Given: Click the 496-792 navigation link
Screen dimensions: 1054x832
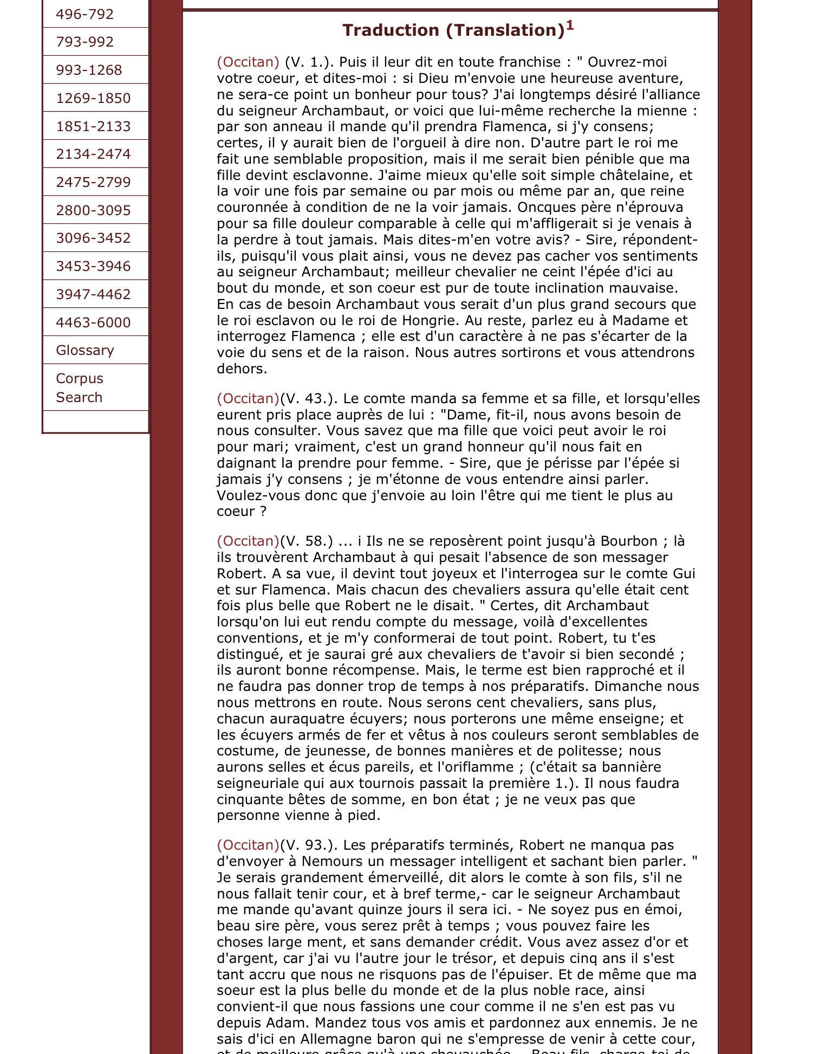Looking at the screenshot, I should [84, 14].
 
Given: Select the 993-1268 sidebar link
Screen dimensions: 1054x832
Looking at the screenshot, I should [89, 70].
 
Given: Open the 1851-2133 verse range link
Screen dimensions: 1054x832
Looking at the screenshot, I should [93, 126].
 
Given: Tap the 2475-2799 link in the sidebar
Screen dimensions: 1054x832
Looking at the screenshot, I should [93, 182].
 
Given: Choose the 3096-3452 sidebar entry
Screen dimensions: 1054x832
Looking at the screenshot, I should [93, 238].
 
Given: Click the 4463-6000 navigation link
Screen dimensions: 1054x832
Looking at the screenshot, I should [93, 322].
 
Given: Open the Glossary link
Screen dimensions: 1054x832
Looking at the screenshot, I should [85, 350].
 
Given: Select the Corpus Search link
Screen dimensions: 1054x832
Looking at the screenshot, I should [79, 387].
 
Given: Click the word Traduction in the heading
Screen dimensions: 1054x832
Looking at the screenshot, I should [392, 30].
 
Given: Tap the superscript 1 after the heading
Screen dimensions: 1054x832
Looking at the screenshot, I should [569, 25].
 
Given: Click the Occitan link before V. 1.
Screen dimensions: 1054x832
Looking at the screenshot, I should [248, 62].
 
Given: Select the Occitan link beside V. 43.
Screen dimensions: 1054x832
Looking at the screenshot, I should [248, 398].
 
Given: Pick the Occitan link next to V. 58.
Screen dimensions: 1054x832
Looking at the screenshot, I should [248, 541].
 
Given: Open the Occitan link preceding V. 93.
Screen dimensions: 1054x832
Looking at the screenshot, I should [248, 845].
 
